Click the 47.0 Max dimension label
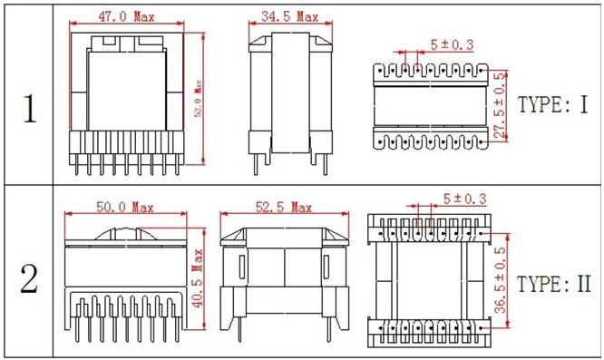click(126, 16)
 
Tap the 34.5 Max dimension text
click(289, 16)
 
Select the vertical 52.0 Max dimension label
click(199, 99)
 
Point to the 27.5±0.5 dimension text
click(499, 105)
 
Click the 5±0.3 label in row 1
click(452, 44)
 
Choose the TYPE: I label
click(553, 104)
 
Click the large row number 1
click(30, 109)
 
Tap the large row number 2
click(29, 279)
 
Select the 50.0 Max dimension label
click(125, 208)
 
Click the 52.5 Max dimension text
click(284, 208)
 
